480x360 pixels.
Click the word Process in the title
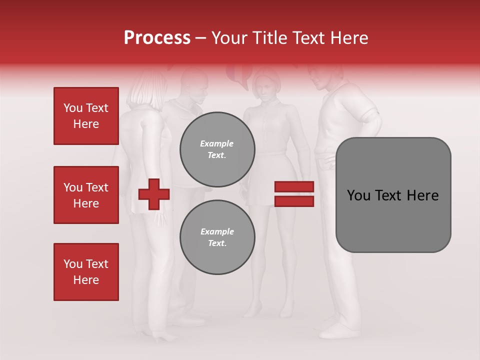(157, 38)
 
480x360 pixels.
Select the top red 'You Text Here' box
(86, 116)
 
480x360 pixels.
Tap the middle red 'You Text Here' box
(86, 195)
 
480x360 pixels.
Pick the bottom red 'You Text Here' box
(86, 272)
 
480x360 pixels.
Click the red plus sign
(154, 194)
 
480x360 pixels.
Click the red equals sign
(294, 194)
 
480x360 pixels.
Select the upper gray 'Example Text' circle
(217, 149)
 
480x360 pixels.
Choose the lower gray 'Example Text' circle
(217, 237)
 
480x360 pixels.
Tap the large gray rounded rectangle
(393, 195)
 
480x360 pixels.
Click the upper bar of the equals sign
(294, 187)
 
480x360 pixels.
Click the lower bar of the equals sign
(294, 201)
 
